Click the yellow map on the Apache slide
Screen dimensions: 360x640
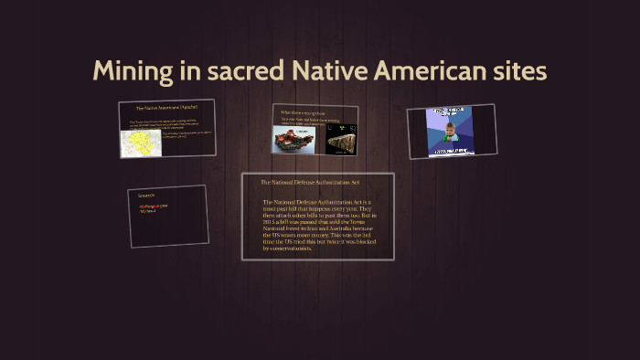pos(141,143)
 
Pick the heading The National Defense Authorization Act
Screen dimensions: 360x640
pos(305,182)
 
